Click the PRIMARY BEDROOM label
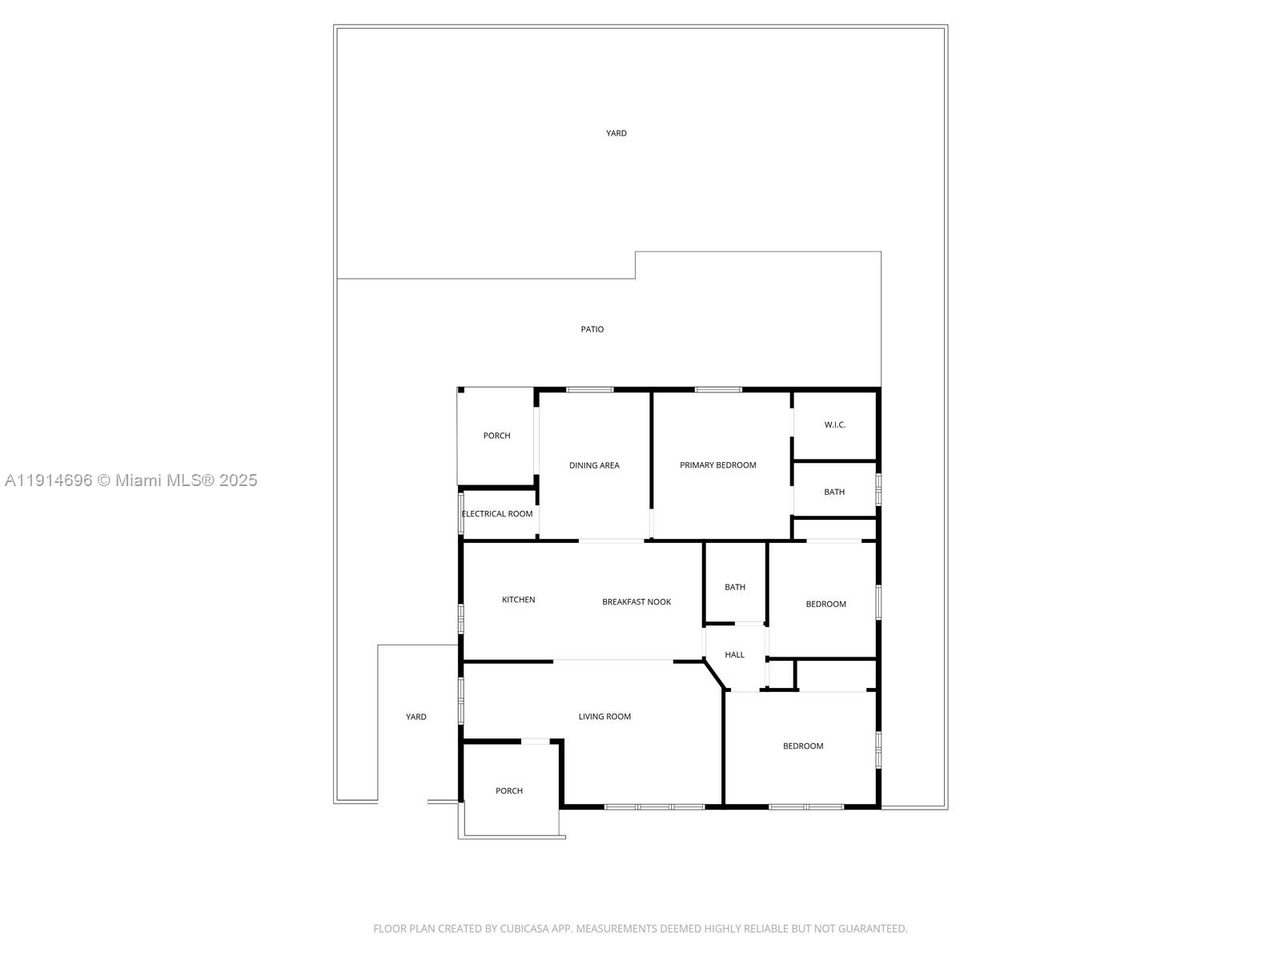[x=717, y=465]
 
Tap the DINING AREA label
[x=594, y=465]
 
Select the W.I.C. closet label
[x=834, y=424]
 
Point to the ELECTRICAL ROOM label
[x=496, y=513]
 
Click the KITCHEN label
[x=518, y=599]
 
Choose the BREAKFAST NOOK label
[x=636, y=601]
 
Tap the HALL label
[x=734, y=654]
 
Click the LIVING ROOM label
[x=604, y=717]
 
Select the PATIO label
[x=592, y=329]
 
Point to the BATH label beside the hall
[x=735, y=587]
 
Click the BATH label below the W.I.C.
[x=834, y=492]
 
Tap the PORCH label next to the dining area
[x=496, y=436]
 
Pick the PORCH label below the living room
[x=509, y=790]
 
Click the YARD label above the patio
[x=616, y=133]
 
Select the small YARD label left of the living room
[x=416, y=717]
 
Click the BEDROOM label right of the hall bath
[x=825, y=604]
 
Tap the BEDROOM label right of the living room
[x=803, y=746]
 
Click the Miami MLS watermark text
[x=131, y=480]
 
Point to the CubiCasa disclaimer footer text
[x=640, y=928]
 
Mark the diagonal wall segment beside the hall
[x=714, y=674]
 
